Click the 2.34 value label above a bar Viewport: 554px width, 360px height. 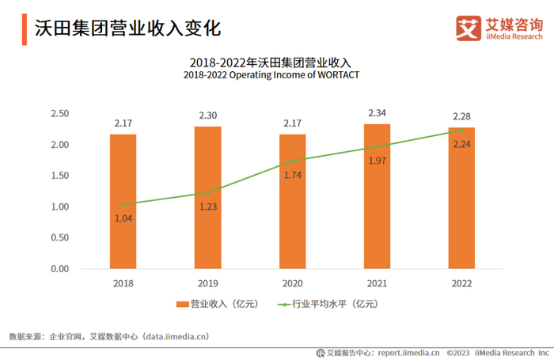point(377,113)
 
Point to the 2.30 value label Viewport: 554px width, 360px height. point(207,116)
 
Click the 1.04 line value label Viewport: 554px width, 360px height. point(123,218)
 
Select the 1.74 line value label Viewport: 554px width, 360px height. point(293,174)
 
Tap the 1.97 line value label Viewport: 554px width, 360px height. point(377,161)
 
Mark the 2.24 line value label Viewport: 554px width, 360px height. point(461,144)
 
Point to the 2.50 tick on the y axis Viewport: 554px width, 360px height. point(59,114)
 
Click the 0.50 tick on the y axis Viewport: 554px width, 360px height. point(59,238)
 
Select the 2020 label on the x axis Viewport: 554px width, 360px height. point(292,282)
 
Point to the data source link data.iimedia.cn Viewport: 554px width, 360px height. point(176,336)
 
